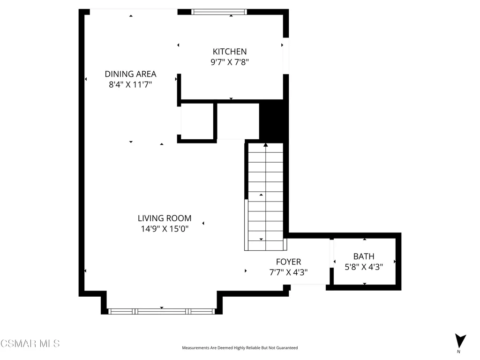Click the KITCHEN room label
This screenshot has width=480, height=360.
[x=230, y=52]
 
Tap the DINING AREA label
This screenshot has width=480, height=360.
[x=130, y=74]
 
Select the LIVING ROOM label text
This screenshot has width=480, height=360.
[x=165, y=218]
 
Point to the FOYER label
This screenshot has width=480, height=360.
[x=288, y=262]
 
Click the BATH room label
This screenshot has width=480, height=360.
[x=364, y=256]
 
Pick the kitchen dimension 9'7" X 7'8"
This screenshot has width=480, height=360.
[x=230, y=62]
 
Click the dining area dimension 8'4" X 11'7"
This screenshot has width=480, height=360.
[x=130, y=84]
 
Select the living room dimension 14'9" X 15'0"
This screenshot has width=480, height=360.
[x=165, y=229]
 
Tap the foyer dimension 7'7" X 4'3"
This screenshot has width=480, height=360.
[x=288, y=272]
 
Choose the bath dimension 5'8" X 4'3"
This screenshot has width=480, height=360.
[x=364, y=267]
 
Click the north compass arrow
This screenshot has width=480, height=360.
[x=460, y=341]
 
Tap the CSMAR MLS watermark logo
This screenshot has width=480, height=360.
[x=30, y=344]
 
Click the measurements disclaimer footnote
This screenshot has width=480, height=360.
[x=240, y=348]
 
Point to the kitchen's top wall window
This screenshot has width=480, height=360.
[x=219, y=12]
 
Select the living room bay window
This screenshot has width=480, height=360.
[x=162, y=311]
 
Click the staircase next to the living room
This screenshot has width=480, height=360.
[x=265, y=197]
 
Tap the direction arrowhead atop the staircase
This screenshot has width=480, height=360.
[x=266, y=145]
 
